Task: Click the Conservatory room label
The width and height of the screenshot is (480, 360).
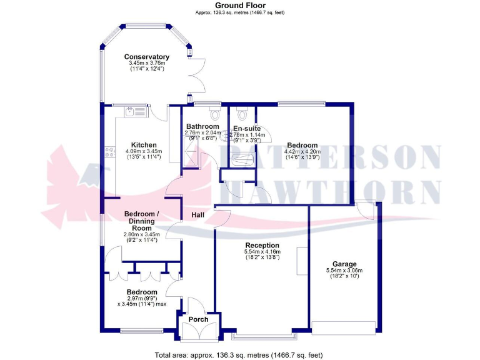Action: point(147,57)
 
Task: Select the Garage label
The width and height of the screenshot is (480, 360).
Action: point(344,263)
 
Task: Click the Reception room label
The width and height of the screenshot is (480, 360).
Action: point(262,245)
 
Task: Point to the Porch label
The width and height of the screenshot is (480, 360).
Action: point(198,319)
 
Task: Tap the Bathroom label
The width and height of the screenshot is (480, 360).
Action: point(202,126)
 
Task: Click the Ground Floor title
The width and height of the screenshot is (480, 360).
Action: point(240,5)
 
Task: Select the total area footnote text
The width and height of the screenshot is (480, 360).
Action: point(239,355)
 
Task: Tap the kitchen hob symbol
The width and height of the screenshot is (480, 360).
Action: point(110,152)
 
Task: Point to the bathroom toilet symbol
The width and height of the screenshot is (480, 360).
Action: point(216,115)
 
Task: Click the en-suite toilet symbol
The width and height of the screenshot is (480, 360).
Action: point(242,115)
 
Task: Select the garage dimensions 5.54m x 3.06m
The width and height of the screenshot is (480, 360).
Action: point(344,270)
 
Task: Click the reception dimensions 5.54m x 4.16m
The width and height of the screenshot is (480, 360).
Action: point(262,252)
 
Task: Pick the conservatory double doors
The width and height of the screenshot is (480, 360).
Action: point(199,78)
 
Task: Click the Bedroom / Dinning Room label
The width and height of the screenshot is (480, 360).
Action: point(141,217)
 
